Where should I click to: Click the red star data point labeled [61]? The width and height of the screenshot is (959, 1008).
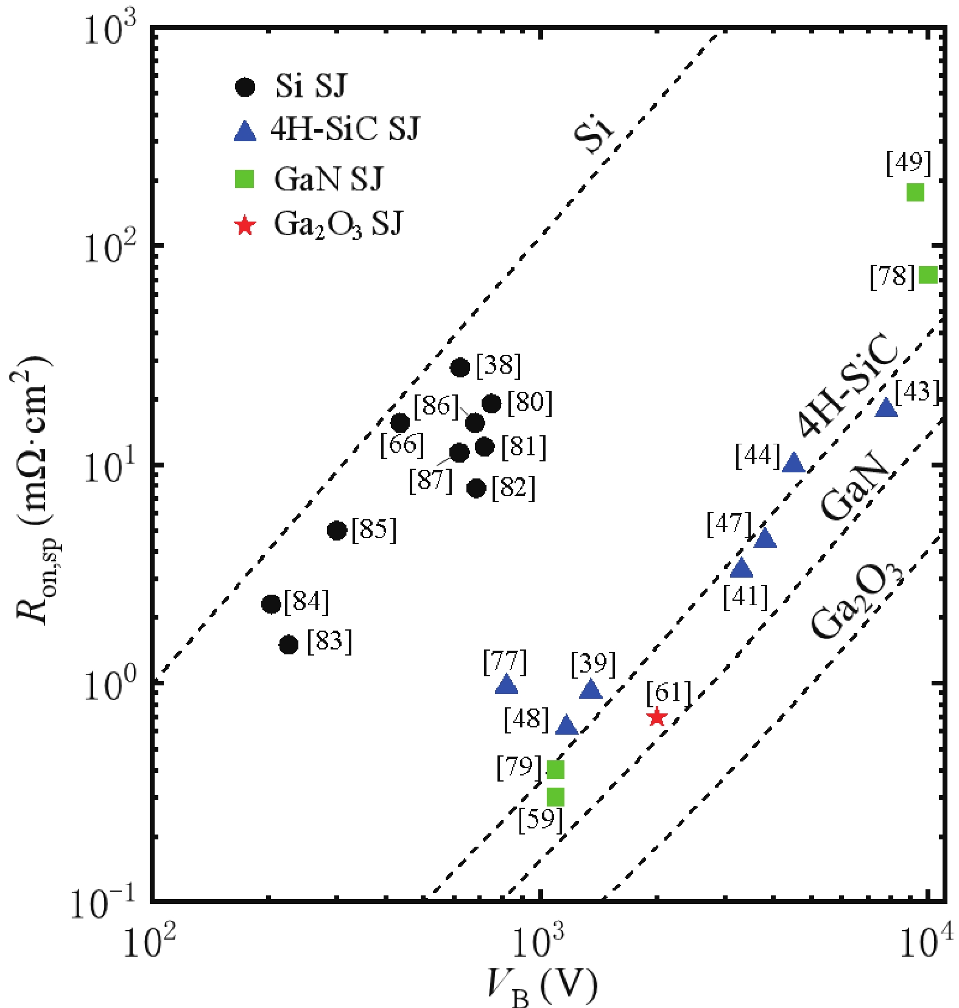pos(656,717)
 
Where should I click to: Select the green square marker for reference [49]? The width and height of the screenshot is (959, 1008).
pos(915,192)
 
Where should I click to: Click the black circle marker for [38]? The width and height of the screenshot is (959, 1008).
pos(460,368)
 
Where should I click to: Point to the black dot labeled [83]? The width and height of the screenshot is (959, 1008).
pos(289,645)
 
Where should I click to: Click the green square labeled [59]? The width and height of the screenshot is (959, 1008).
pos(555,797)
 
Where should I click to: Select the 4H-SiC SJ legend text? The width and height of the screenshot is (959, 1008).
pos(345,130)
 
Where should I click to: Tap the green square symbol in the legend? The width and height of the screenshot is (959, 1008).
pos(245,179)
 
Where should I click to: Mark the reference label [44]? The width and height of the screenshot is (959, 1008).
pos(757,455)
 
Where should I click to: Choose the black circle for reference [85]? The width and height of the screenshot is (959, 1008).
pos(337,531)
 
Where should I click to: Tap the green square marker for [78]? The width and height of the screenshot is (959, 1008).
pos(927,275)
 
